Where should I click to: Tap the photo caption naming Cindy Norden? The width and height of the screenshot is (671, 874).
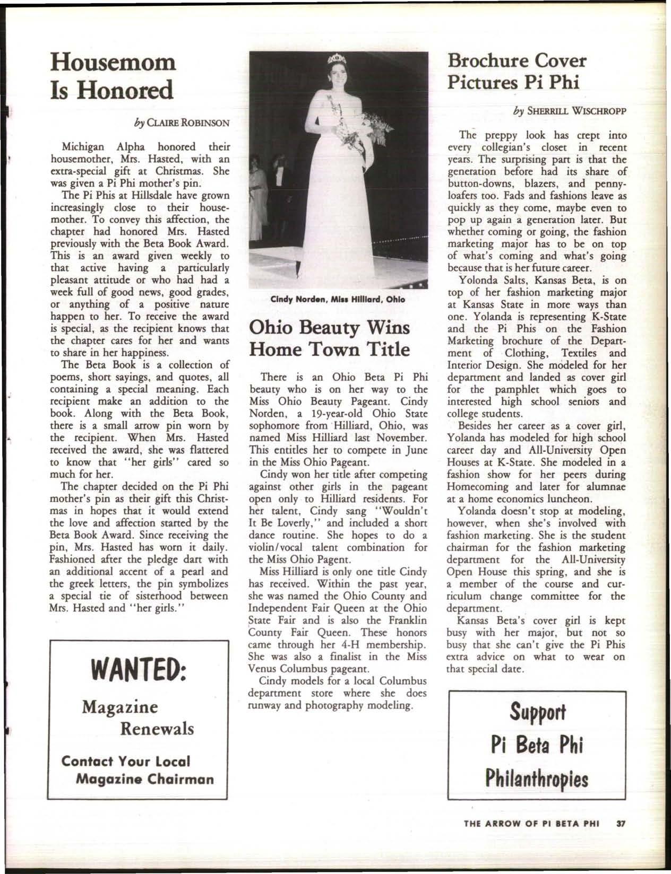[339, 299]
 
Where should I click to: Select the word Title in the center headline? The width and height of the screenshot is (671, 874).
[386, 349]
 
